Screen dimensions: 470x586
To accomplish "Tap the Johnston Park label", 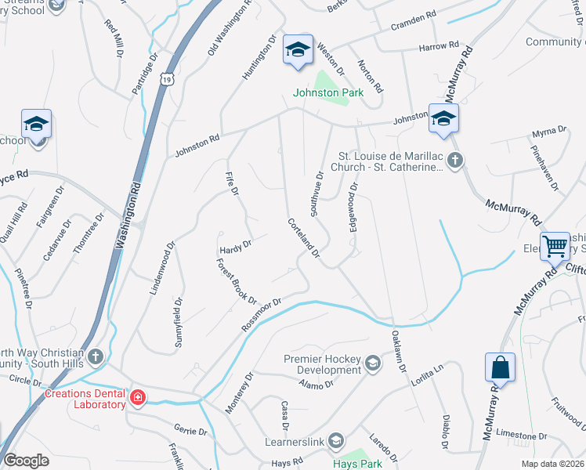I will (320, 92).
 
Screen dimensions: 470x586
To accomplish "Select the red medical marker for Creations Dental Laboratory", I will (137, 398).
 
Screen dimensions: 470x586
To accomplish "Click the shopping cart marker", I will (555, 247).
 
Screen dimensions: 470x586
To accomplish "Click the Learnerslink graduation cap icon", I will (336, 439).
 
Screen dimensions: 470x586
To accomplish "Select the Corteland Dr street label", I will (303, 237).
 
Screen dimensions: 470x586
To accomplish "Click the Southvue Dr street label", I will (317, 193).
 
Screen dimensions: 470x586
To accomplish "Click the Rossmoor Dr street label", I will (261, 314).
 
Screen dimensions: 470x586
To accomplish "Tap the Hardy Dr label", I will (235, 245).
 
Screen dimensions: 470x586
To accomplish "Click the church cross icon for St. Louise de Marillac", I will (456, 161).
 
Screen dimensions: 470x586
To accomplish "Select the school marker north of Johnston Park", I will (298, 49).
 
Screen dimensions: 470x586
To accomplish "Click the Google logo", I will (26, 461).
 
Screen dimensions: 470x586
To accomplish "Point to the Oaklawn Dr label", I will (399, 350).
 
